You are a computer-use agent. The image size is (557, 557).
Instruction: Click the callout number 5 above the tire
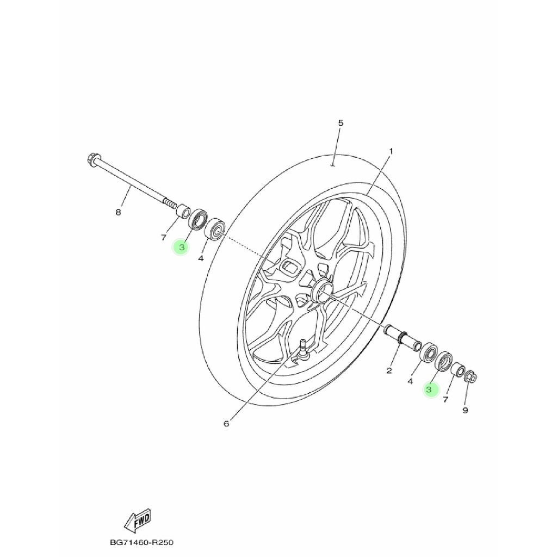341,123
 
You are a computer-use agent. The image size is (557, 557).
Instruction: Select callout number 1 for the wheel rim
391,151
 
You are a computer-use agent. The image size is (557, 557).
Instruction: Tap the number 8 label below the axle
118,212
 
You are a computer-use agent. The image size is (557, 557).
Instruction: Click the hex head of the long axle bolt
92,160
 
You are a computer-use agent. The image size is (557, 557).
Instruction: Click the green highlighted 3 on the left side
181,247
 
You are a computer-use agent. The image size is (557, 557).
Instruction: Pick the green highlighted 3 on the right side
429,389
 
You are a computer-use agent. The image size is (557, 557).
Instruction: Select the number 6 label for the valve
227,423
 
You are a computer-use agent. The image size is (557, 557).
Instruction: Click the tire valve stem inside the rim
302,349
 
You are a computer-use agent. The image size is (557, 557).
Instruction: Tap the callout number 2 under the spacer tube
389,371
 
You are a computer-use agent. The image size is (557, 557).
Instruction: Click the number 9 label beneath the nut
465,410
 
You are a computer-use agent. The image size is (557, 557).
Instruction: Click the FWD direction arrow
137,521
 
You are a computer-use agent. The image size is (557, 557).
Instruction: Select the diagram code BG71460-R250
141,542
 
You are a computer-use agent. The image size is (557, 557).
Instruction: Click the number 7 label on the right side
445,399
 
